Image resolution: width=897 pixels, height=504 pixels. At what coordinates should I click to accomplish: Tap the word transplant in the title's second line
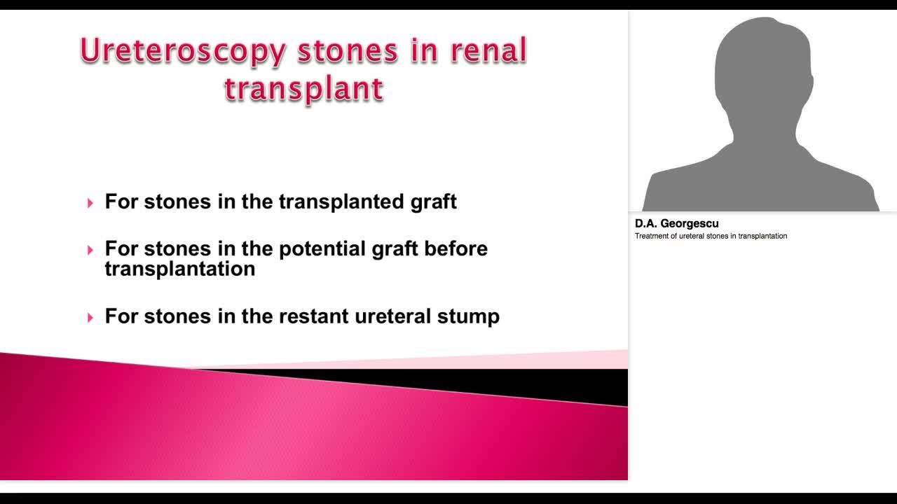304,90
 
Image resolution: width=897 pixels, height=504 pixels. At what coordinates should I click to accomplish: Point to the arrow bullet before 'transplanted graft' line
90,203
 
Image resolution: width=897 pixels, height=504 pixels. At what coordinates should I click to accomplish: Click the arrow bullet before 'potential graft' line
90,250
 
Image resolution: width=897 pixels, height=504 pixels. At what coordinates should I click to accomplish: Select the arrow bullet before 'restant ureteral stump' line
90,318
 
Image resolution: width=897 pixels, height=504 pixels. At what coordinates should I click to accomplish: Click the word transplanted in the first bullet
341,202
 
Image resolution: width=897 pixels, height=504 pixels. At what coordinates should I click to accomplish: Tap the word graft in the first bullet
433,202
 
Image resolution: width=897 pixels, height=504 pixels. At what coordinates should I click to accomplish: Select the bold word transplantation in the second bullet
179,269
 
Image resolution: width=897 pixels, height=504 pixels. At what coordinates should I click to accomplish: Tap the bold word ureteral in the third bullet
392,316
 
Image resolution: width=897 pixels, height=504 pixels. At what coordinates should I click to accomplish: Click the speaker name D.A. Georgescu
676,224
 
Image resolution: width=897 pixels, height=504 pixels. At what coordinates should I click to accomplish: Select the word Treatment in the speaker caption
651,236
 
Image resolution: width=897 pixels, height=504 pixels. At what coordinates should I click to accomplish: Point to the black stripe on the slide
491,382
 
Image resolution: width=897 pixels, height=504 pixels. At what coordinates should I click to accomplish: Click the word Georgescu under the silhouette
690,224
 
